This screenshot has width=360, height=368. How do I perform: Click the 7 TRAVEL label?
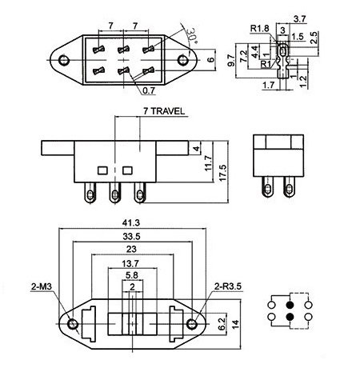164,111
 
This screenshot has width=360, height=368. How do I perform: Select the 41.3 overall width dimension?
131,222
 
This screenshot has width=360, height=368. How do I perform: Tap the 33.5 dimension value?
131,236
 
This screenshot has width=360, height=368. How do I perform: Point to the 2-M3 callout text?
42,286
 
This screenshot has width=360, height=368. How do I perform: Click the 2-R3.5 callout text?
228,286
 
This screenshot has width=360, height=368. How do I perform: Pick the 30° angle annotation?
192,35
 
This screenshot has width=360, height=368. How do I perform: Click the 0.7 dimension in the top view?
149,90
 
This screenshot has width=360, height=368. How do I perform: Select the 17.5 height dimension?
222,173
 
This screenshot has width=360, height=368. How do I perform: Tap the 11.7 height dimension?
208,163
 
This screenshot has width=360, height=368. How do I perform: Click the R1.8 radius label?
260,28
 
